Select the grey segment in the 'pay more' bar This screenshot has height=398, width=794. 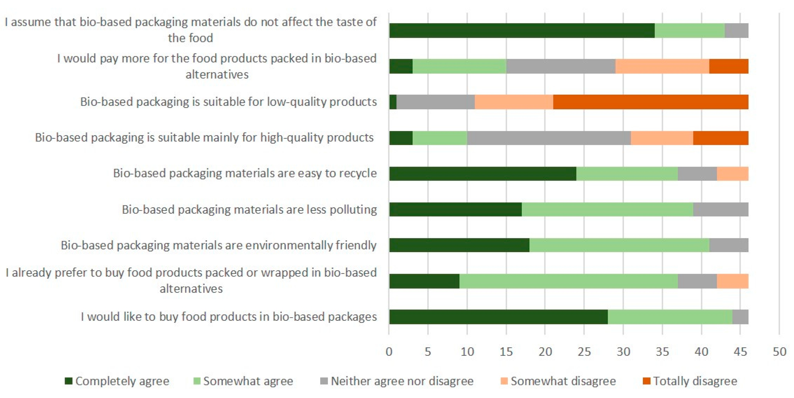click(561, 66)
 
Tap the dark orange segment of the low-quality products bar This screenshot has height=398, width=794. click(650, 102)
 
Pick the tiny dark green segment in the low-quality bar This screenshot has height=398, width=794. click(393, 102)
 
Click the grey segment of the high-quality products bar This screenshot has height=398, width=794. click(549, 138)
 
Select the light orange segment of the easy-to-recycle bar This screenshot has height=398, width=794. click(732, 174)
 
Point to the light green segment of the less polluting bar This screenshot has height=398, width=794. click(607, 210)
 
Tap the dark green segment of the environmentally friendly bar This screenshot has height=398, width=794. click(459, 245)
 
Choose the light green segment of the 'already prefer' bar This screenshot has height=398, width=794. click(568, 281)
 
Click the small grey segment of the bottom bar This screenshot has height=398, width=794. click(740, 317)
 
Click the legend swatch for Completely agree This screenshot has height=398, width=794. click(69, 381)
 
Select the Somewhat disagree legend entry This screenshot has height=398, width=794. click(563, 381)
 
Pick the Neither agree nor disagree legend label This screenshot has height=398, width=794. click(401, 381)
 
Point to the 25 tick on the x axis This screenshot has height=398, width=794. click(584, 352)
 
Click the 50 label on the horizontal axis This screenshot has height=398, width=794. click(779, 352)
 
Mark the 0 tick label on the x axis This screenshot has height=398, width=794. click(389, 352)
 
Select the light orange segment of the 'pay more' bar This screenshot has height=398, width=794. click(662, 66)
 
